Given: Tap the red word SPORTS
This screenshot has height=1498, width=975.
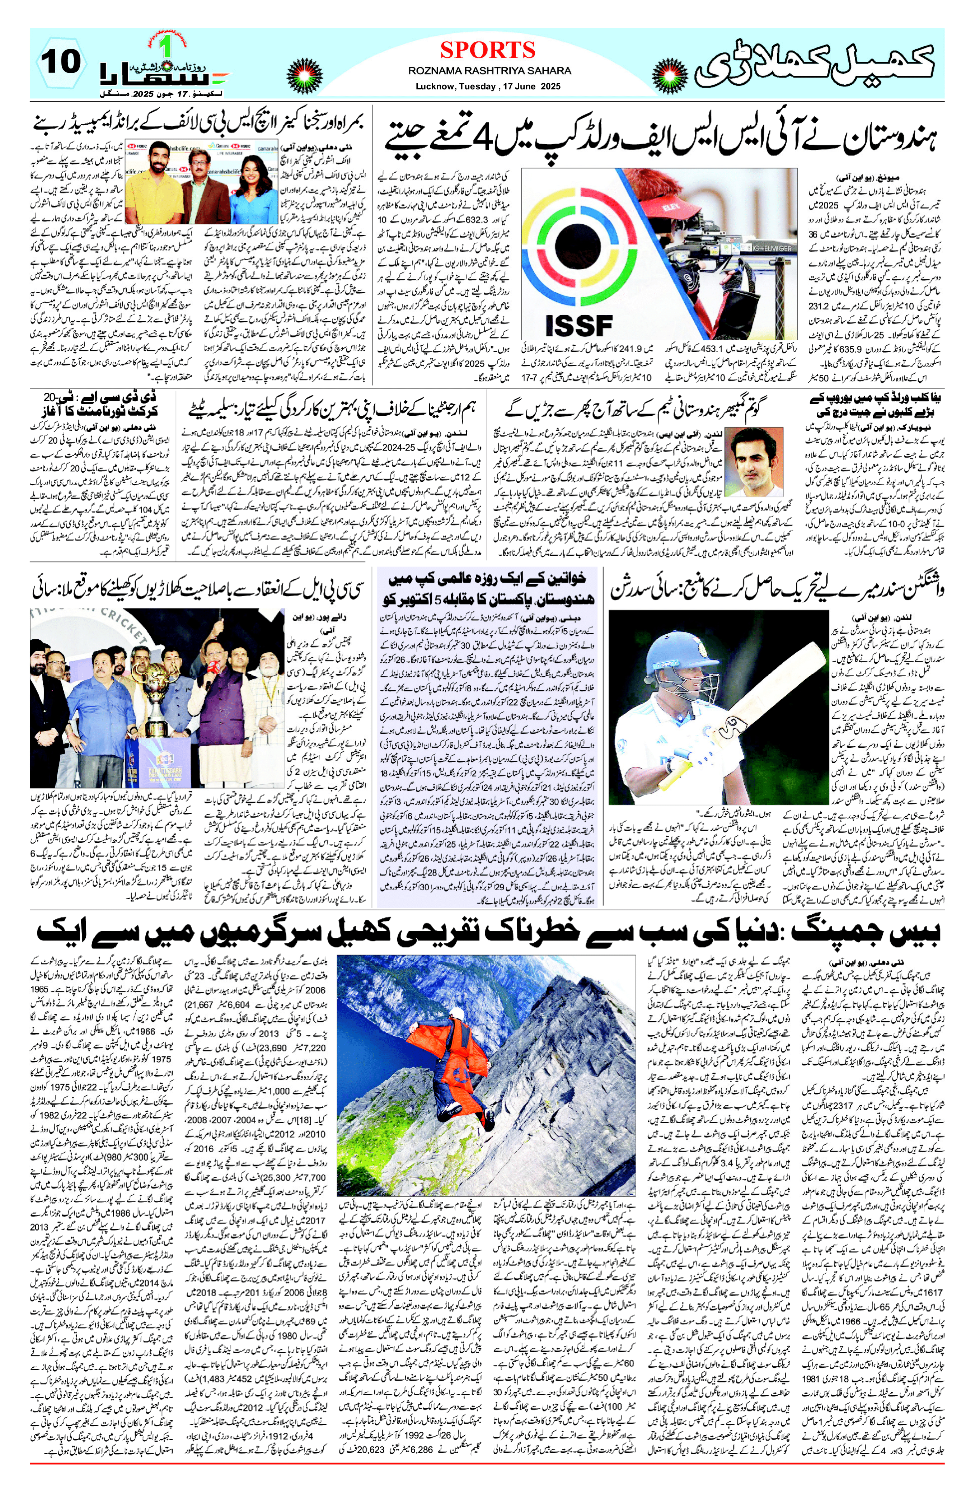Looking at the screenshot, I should tap(487, 50).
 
